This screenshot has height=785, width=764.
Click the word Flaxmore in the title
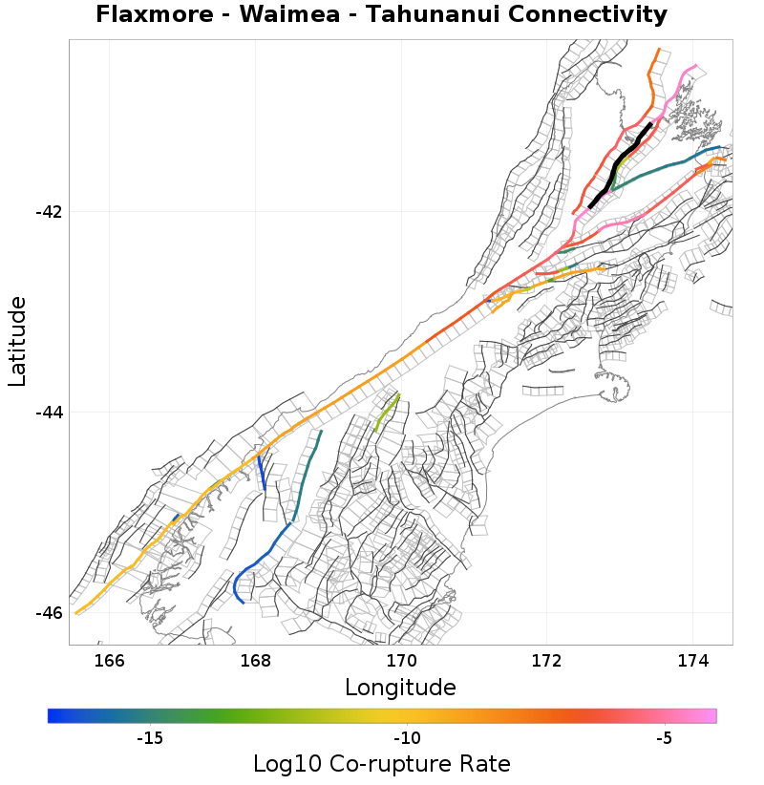coord(157,15)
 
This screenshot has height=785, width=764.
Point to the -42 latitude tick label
coord(47,212)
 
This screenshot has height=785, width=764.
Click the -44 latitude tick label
coord(47,413)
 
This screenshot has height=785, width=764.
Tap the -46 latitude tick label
coord(47,613)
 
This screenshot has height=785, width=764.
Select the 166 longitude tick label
coord(110,661)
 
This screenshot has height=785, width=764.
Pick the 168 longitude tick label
coord(255,661)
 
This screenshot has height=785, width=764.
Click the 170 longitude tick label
coord(401,661)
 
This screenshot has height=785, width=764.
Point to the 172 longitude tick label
coord(546,661)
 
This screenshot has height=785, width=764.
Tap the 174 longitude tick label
coord(692,661)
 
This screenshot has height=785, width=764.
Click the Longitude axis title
coord(400,687)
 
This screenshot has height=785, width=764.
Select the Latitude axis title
coord(17,341)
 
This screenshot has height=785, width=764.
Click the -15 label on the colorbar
coord(150,738)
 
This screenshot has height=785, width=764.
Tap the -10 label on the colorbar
coord(408,738)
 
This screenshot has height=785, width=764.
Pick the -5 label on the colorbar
coord(665,738)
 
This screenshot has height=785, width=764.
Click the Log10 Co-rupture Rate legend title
coord(381,764)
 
